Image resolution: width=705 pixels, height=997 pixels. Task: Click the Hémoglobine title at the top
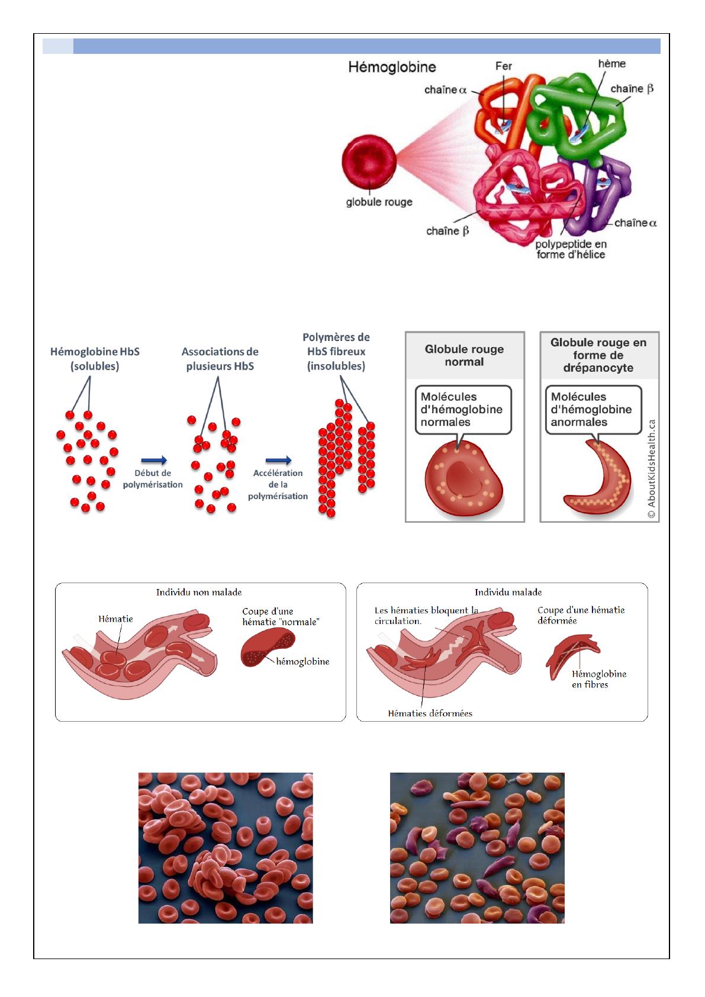click(392, 67)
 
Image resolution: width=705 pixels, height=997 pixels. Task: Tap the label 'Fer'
click(503, 66)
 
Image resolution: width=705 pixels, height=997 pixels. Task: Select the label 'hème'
click(611, 64)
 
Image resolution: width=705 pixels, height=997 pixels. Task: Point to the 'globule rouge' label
click(379, 202)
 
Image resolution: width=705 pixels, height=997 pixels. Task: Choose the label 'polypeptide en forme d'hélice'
click(571, 249)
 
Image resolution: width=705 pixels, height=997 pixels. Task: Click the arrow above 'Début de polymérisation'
click(154, 460)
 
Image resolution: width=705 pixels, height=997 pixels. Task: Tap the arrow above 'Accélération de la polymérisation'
click(278, 460)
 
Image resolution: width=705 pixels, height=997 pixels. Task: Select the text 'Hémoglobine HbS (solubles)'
click(95, 359)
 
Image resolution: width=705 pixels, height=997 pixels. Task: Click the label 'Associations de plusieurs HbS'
click(220, 359)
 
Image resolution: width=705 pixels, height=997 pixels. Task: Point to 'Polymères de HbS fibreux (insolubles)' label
click(336, 352)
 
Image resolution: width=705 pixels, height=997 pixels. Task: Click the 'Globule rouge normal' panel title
click(464, 355)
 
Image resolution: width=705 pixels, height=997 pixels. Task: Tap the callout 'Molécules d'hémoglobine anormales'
click(592, 409)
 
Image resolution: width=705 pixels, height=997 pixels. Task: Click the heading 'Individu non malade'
click(199, 592)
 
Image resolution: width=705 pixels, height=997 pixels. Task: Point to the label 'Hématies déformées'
click(430, 713)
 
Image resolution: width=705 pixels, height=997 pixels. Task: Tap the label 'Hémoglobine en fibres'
click(598, 679)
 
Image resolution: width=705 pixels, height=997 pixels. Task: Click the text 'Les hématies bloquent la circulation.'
click(426, 616)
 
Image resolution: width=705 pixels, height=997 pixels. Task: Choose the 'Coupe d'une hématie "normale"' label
click(281, 617)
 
